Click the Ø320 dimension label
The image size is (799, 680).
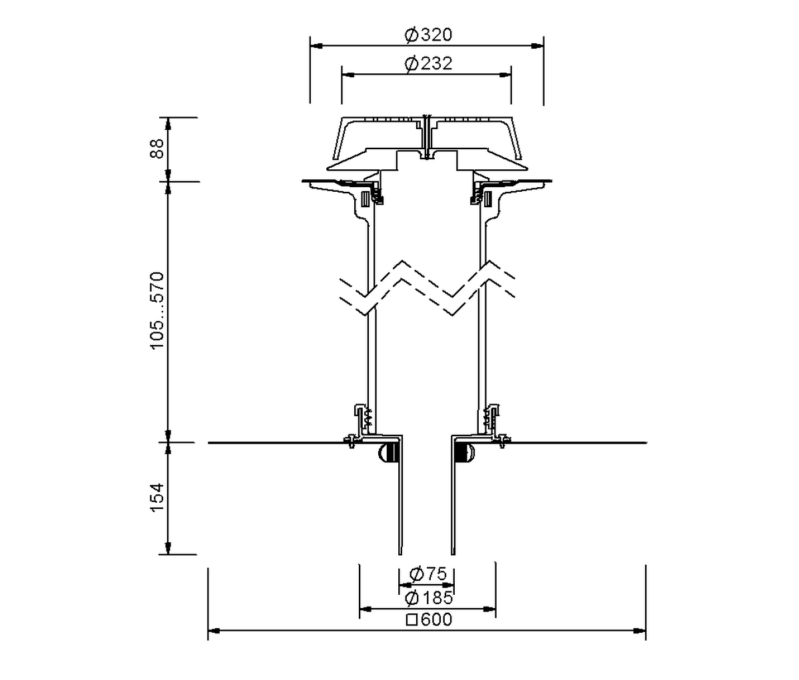click(428, 35)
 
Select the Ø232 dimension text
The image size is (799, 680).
click(428, 63)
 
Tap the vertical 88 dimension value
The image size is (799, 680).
click(157, 149)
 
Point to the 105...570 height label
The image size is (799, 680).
click(157, 310)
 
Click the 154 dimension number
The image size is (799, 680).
click(157, 498)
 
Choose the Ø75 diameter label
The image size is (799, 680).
click(428, 573)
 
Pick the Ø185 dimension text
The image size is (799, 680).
click(428, 598)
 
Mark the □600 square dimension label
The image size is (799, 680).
click(429, 620)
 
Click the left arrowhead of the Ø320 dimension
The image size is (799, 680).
click(316, 46)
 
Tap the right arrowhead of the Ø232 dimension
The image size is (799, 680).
click(505, 75)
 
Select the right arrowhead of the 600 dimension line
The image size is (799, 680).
click(639, 631)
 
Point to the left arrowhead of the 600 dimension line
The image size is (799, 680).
click(214, 631)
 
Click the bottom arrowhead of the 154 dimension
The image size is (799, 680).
click(168, 548)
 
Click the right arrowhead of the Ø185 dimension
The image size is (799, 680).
click(489, 609)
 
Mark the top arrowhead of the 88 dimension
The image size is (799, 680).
click(168, 123)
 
